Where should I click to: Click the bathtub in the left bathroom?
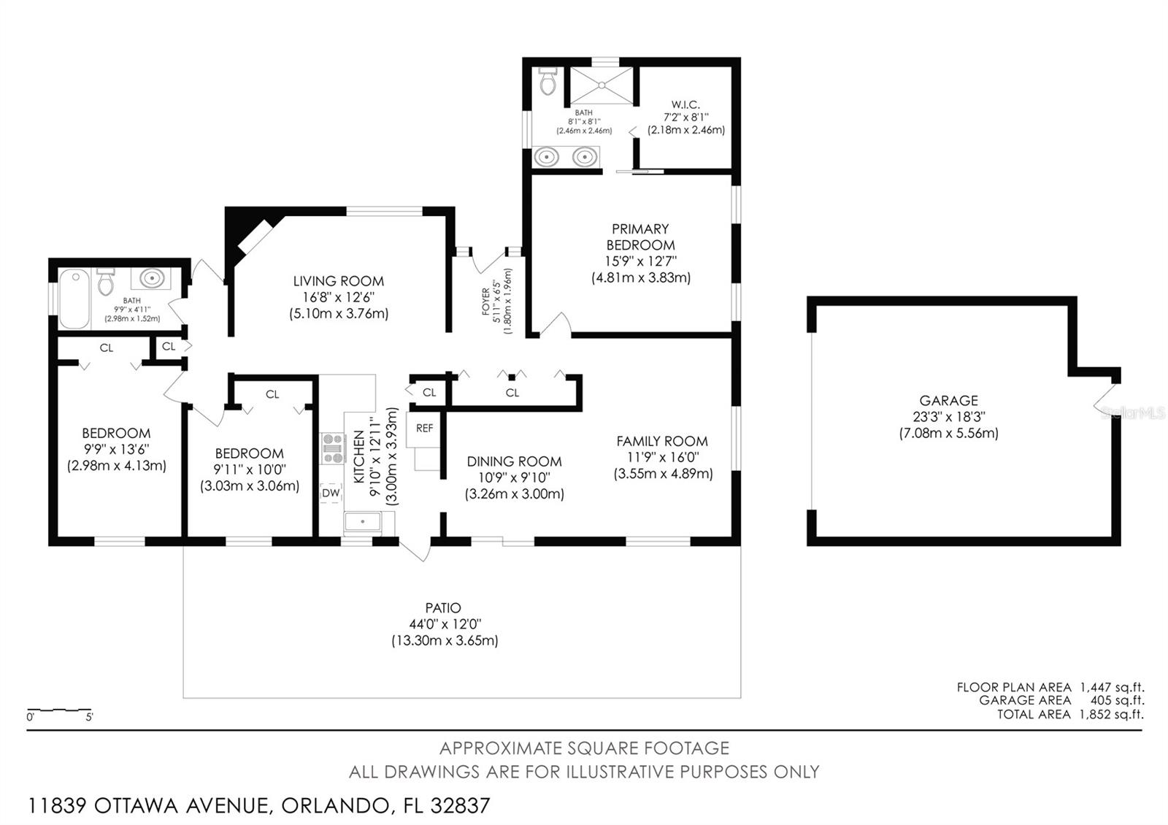pos(74,299)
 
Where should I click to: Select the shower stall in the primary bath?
pos(601,85)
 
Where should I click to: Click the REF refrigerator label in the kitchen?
pos(424,429)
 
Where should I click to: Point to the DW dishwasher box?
pos(331,493)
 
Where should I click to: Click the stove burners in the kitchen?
pos(333,448)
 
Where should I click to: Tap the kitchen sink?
pos(362,522)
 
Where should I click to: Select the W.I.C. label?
pos(685,104)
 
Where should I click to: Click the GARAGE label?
pos(948,400)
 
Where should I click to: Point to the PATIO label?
pos(443,607)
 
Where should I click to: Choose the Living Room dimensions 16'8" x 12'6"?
pos(339,297)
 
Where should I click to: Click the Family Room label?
pos(662,441)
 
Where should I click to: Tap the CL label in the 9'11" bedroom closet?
pos(272,394)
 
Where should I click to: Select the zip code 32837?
pos(461,806)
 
